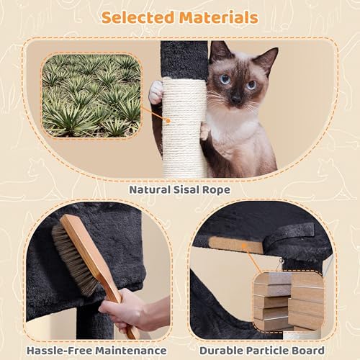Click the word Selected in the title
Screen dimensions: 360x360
[138, 17]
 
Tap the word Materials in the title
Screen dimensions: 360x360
[219, 17]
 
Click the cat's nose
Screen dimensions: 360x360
[236, 99]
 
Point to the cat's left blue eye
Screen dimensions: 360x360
[225, 79]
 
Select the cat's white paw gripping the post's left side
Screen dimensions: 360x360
[156, 92]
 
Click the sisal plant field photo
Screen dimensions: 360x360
[91, 96]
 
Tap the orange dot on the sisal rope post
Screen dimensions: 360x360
[168, 121]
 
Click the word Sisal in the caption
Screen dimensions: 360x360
[186, 190]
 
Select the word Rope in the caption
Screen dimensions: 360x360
[216, 190]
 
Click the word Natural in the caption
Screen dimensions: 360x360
[150, 190]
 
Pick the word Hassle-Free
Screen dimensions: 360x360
[59, 351]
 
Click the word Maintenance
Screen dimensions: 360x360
[131, 351]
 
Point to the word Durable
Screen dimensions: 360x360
[218, 351]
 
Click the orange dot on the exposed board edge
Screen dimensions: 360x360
[244, 246]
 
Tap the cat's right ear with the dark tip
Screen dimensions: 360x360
[268, 59]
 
